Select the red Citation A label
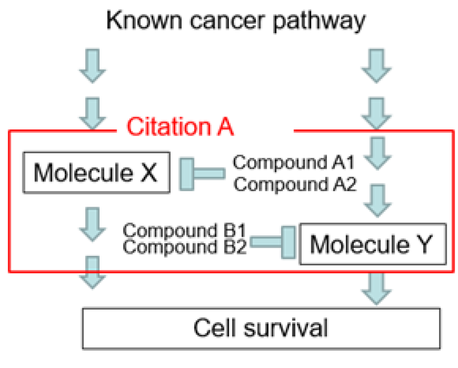(180, 126)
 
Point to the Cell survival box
(260, 329)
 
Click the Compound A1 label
(294, 163)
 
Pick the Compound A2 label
(294, 184)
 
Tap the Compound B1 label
(185, 231)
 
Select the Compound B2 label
(185, 248)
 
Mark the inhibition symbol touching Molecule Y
(274, 243)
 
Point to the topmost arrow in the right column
(377, 65)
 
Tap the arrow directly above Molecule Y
(377, 199)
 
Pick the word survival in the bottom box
(291, 329)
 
